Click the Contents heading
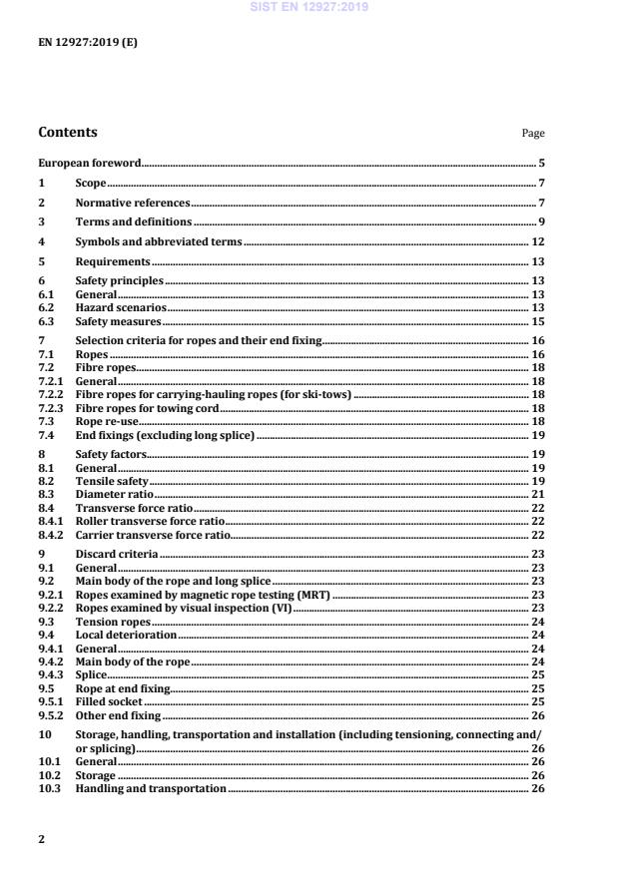pyautogui.click(x=68, y=132)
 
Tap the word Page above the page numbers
pyautogui.click(x=533, y=133)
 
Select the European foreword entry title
pyautogui.click(x=89, y=163)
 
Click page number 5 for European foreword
pyautogui.click(x=541, y=163)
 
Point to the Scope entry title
pyautogui.click(x=91, y=184)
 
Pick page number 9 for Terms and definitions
pyautogui.click(x=541, y=221)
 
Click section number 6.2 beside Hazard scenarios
pyautogui.click(x=46, y=308)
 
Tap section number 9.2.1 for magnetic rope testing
pyautogui.click(x=51, y=594)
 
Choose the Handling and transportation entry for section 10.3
pyautogui.click(x=151, y=788)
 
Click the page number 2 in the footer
pyautogui.click(x=41, y=839)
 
